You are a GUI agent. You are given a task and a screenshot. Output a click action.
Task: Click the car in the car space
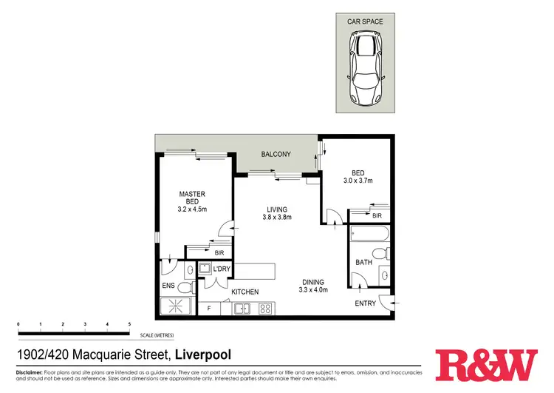point(366,71)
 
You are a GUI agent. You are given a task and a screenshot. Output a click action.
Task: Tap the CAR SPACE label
point(366,22)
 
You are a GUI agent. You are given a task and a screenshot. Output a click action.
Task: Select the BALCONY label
point(276,154)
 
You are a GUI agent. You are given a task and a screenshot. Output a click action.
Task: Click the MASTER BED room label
point(192,198)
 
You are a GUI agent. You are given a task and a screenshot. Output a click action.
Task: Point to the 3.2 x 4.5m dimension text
point(192,209)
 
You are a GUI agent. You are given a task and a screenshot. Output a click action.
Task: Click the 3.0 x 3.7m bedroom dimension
point(358,181)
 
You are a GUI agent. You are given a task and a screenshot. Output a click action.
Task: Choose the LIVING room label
point(278,209)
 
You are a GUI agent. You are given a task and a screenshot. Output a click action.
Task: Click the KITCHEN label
point(244,292)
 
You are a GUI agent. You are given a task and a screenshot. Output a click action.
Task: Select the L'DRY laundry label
point(221,269)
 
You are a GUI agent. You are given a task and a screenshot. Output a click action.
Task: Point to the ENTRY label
point(365,303)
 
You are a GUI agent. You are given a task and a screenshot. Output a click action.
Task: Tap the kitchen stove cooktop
point(265,309)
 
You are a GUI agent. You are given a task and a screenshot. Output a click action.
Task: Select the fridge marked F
point(210,308)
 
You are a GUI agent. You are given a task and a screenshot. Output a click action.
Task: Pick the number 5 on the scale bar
point(129,324)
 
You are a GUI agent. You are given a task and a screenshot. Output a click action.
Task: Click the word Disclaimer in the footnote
point(32,372)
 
